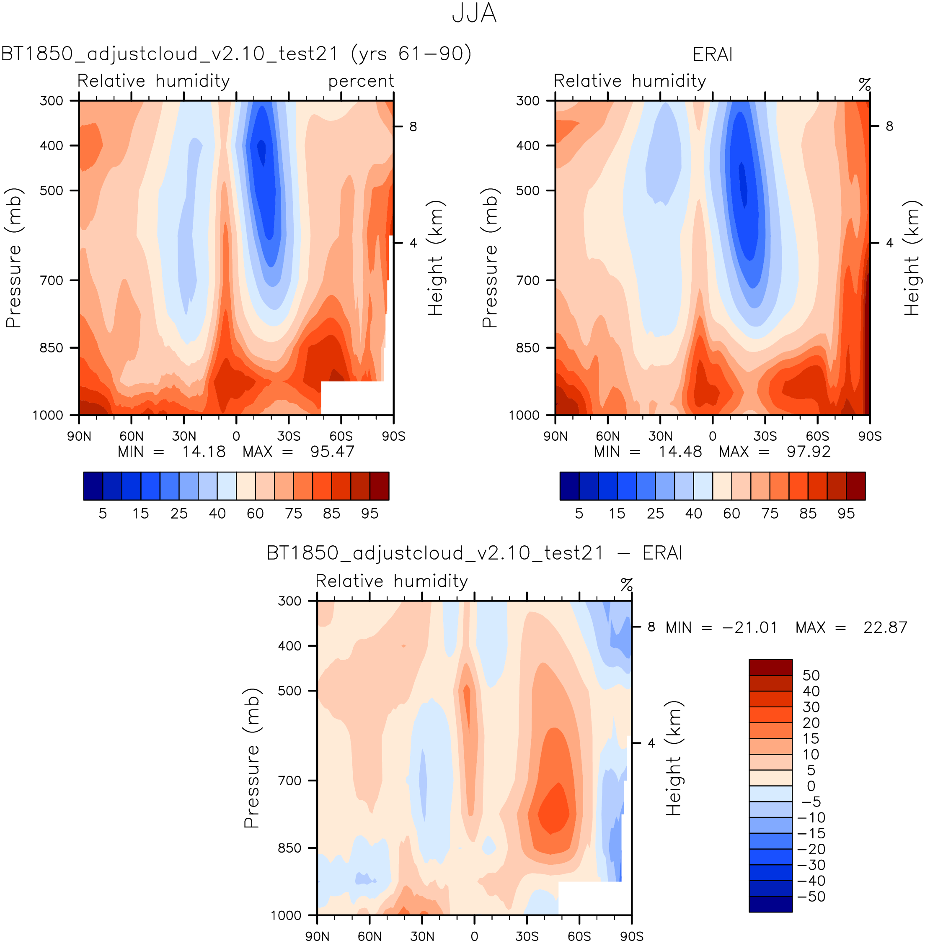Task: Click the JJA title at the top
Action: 474,13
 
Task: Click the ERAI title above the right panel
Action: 712,54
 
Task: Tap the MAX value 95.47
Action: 332,452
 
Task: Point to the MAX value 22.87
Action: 885,627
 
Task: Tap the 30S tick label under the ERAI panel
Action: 765,436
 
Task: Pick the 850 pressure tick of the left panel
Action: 52,347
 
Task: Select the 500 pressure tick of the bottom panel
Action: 290,690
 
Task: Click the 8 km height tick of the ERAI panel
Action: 889,126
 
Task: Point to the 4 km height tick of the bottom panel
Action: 651,743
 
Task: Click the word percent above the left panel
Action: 361,82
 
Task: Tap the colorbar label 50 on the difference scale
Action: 811,675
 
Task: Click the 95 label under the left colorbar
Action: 369,514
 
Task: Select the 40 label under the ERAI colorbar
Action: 693,514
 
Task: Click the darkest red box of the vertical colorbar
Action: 770,667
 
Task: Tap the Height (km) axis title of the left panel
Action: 436,258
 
